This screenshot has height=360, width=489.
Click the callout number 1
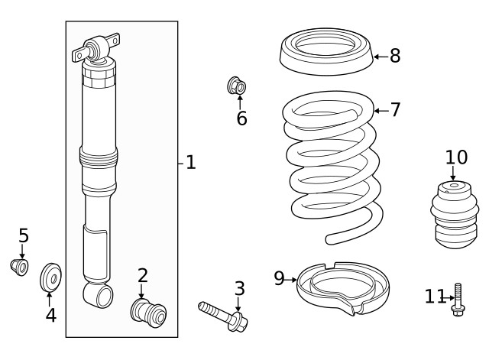pyautogui.click(x=190, y=163)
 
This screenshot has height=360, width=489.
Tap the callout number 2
pyautogui.click(x=143, y=276)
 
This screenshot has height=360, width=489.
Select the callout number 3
pyautogui.click(x=239, y=289)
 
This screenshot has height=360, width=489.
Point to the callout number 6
pyautogui.click(x=241, y=118)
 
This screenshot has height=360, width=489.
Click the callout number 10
pyautogui.click(x=456, y=157)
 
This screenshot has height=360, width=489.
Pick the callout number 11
pyautogui.click(x=433, y=297)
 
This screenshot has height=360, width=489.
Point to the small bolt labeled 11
pyautogui.click(x=458, y=299)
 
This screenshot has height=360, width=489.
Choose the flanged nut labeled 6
pyautogui.click(x=238, y=86)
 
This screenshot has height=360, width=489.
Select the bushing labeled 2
pyautogui.click(x=148, y=312)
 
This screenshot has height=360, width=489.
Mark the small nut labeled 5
pyautogui.click(x=18, y=267)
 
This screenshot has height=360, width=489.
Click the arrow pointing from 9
pyautogui.click(x=291, y=280)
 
